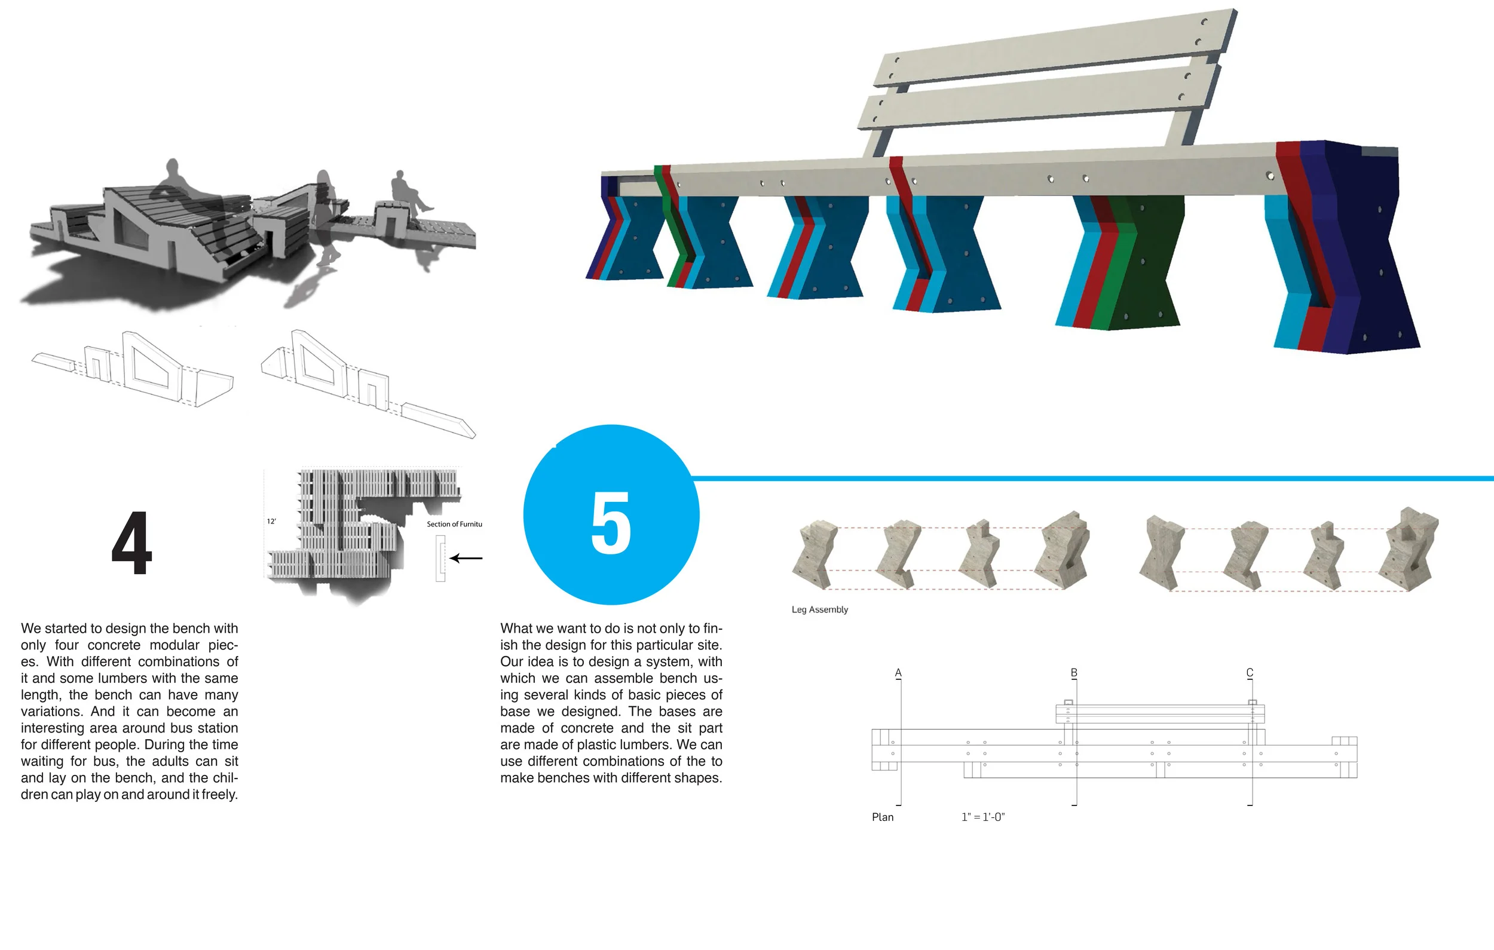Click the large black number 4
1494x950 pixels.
(131, 544)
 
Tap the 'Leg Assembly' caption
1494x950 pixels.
(819, 609)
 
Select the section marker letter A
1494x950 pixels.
(898, 673)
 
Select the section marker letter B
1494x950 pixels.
(1074, 673)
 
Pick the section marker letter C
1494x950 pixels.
(1250, 673)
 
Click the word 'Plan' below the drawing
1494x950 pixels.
(882, 817)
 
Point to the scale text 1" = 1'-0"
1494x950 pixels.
(983, 817)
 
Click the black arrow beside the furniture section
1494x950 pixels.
(466, 559)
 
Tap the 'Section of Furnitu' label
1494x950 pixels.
(454, 525)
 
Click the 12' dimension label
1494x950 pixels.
(271, 521)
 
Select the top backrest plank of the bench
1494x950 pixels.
(1055, 47)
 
